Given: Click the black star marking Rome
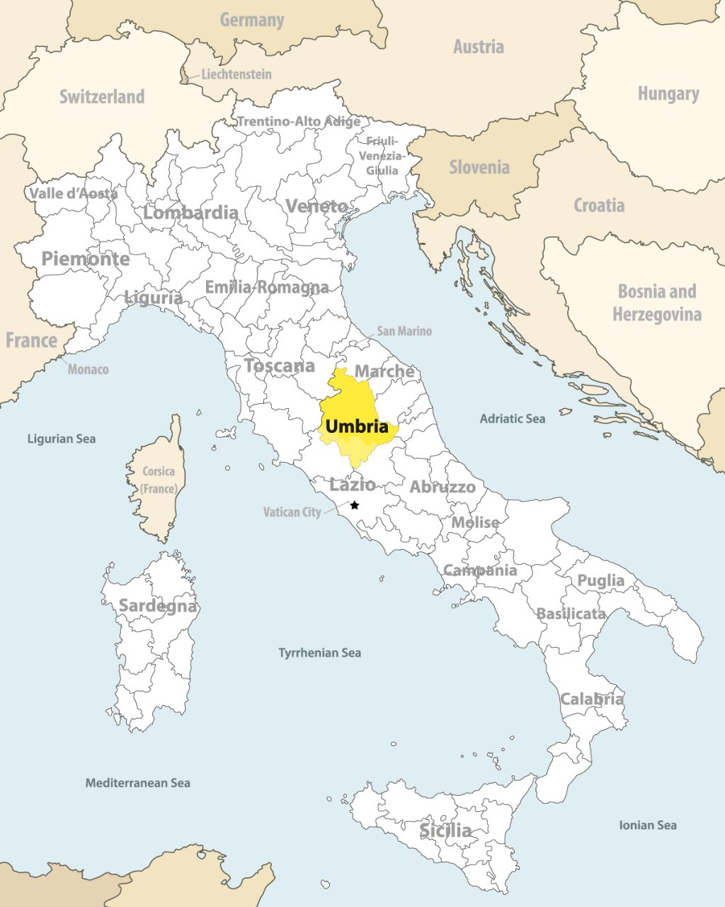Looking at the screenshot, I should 355,505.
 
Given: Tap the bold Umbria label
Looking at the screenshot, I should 357,427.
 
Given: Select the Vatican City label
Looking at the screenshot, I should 292,512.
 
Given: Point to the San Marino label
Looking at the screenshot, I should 404,331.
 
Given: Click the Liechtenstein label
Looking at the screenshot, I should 236,74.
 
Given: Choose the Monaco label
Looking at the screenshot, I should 88,369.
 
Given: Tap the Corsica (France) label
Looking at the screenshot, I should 159,480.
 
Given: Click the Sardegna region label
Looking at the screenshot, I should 157,606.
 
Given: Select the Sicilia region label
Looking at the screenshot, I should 445,830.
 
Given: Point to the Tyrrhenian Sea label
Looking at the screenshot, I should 319,653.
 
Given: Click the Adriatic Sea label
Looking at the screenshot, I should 513,419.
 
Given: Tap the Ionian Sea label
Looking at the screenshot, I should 647,825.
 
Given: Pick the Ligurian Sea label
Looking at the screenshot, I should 61,439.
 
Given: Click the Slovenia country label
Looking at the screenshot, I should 479,167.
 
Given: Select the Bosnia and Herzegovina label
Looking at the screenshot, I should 657,303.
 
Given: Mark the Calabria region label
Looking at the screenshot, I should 592,699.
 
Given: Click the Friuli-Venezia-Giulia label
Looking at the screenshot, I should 382,156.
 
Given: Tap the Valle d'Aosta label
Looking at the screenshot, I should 74,193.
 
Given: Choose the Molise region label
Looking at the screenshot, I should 475,522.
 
